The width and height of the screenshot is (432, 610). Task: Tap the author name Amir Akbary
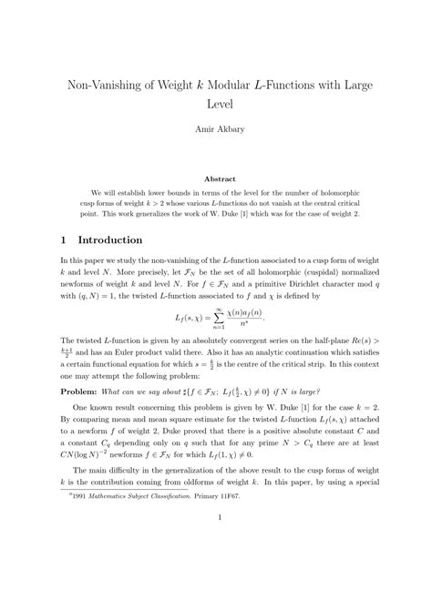[215, 131]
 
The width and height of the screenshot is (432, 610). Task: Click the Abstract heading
[215, 179]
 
